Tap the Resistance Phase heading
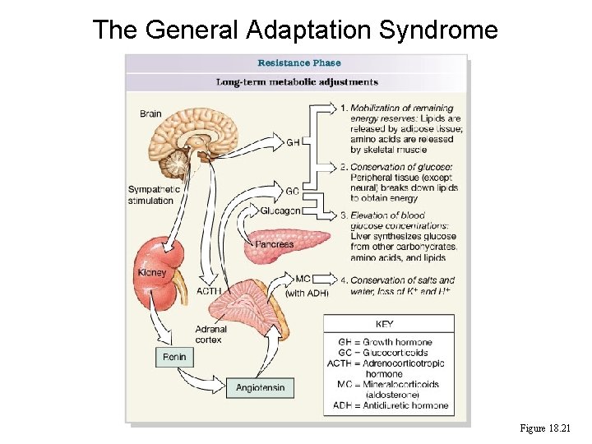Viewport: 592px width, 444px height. click(x=298, y=62)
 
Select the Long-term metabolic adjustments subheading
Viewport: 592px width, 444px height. click(x=297, y=82)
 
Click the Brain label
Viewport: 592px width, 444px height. click(x=150, y=113)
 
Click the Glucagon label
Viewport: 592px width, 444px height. click(x=280, y=211)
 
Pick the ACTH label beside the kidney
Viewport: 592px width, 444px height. click(x=208, y=291)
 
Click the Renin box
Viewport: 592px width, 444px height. click(x=174, y=358)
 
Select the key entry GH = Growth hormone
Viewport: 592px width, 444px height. click(x=385, y=342)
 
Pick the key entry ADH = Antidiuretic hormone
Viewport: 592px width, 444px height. click(x=391, y=405)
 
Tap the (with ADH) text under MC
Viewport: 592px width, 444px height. click(x=307, y=293)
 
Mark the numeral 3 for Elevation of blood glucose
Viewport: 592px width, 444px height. click(x=344, y=215)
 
